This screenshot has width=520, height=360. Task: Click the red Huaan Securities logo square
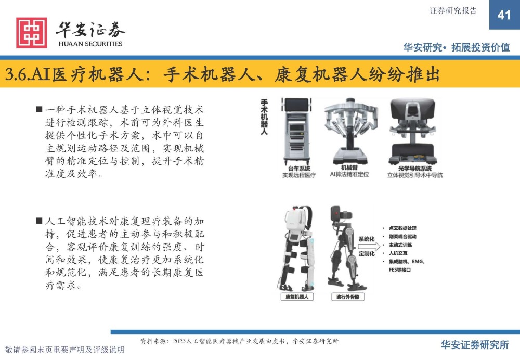coord(32,33)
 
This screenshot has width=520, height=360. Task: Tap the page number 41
coord(504,15)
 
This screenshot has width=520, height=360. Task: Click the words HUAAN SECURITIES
coord(90,44)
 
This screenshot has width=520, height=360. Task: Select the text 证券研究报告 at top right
coord(453,11)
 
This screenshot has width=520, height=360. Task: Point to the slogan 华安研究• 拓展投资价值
coord(457,47)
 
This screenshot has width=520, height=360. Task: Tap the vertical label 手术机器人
coord(264,117)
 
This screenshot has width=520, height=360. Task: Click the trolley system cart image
coord(297,132)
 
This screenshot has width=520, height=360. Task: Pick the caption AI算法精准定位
coord(349,174)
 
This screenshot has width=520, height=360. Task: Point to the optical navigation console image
coord(412,132)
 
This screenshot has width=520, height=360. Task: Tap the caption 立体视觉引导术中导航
coord(415,175)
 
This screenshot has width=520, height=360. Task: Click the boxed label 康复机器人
coord(297,297)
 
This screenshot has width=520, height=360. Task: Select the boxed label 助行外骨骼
coord(348,297)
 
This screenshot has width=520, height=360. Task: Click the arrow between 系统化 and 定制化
coord(369,246)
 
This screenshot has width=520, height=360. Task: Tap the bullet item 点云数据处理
coord(402,228)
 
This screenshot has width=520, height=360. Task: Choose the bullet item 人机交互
coord(398,253)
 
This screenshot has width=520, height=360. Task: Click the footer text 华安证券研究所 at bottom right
coord(475,345)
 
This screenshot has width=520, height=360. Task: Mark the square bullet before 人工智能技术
coord(40,221)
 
